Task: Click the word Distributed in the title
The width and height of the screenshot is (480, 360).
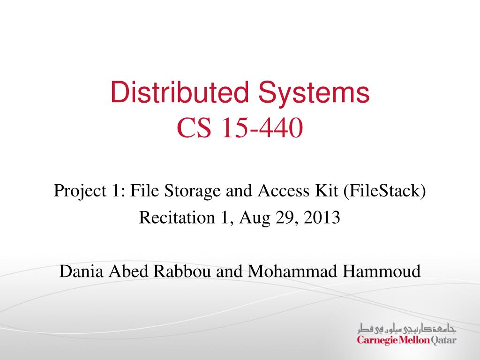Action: [x=180, y=91]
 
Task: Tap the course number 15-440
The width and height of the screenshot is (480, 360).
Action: [x=262, y=128]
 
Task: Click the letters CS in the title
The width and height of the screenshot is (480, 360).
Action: [x=194, y=128]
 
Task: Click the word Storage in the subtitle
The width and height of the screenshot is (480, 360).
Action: [x=192, y=192]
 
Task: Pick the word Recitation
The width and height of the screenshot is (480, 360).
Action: [x=177, y=217]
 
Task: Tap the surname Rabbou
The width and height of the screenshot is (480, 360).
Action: [x=182, y=271]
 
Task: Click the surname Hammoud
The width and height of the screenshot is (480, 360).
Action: [x=382, y=271]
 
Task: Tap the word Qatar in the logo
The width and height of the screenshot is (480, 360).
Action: [x=443, y=340]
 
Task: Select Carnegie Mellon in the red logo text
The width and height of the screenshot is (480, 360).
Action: [x=393, y=340]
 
